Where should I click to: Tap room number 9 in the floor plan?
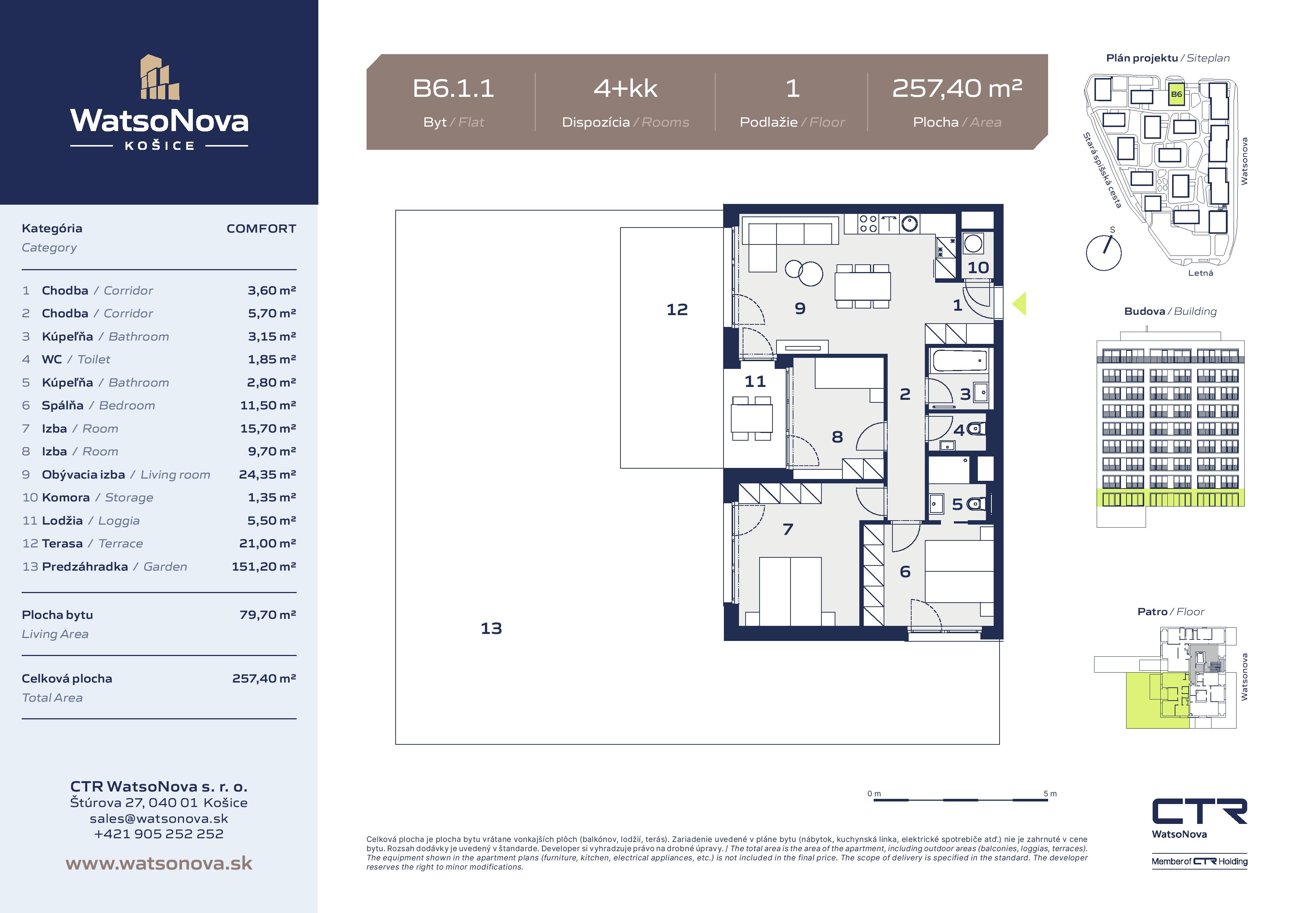tap(800, 308)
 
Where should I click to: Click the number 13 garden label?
tap(491, 628)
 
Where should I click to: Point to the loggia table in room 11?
tap(751, 418)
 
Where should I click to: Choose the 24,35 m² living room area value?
tap(267, 474)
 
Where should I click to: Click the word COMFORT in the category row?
tap(261, 228)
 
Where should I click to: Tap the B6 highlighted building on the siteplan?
tap(1176, 95)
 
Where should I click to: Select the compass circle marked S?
tap(1103, 253)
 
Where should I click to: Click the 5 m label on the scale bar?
tap(1050, 794)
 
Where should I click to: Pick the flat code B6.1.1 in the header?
tap(453, 88)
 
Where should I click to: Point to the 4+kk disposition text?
tap(625, 88)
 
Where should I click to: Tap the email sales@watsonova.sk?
tap(159, 818)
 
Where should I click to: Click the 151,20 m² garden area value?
tap(264, 567)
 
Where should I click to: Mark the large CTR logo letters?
tap(1199, 812)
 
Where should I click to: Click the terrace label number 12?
tap(677, 309)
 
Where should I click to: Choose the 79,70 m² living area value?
tap(268, 615)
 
